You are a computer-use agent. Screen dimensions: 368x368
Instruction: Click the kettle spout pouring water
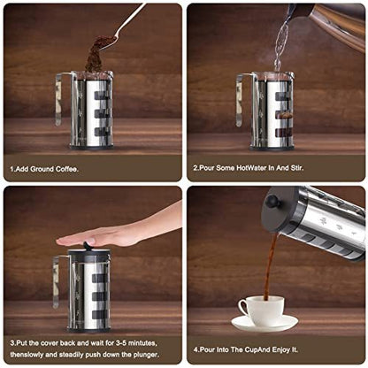(294, 12)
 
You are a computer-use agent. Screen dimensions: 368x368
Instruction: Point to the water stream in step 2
(281, 44)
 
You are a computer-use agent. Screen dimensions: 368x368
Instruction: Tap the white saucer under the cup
(264, 324)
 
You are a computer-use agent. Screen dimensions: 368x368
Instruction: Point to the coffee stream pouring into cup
(269, 265)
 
